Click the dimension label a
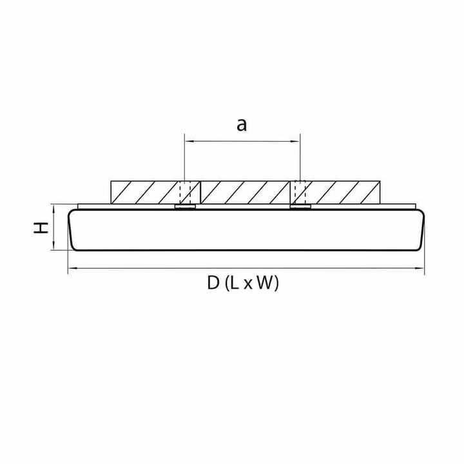click(x=241, y=125)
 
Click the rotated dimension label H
click(x=41, y=227)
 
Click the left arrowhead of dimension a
click(x=188, y=139)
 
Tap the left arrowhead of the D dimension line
click(x=71, y=269)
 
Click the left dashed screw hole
click(x=185, y=191)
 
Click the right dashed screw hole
click(x=299, y=191)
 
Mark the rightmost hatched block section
click(x=341, y=191)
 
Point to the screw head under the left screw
click(x=185, y=208)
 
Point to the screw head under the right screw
click(x=299, y=208)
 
